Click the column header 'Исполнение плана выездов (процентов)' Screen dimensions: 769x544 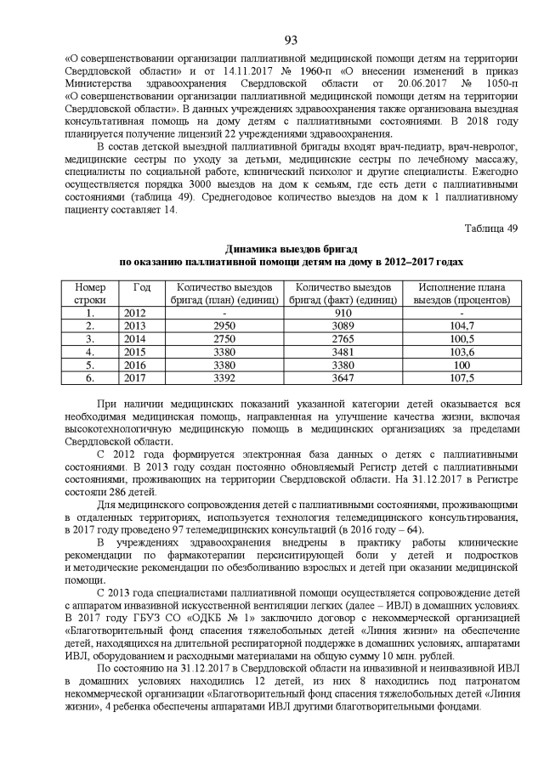click(x=462, y=294)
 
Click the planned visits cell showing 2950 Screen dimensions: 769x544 click(x=224, y=325)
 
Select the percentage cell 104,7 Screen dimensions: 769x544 click(x=462, y=325)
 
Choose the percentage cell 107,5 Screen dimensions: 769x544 click(x=462, y=377)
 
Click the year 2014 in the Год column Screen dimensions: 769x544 click(x=136, y=338)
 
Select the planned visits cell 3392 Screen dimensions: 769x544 click(x=224, y=377)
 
